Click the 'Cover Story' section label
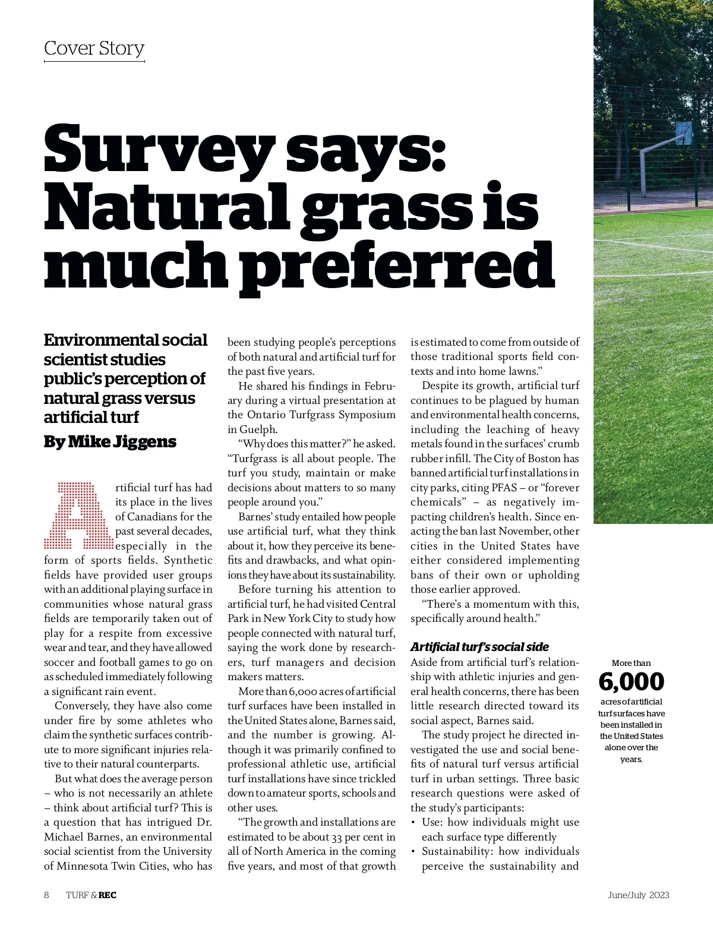tap(94, 48)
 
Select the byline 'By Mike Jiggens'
tap(110, 441)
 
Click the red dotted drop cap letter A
tap(78, 516)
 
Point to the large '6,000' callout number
tap(631, 682)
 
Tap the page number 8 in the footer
tap(46, 895)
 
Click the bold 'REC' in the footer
tap(108, 895)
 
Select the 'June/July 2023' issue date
tap(638, 895)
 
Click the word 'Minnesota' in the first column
tap(83, 866)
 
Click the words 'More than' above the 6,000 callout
tap(631, 663)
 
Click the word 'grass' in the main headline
tap(362, 205)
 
